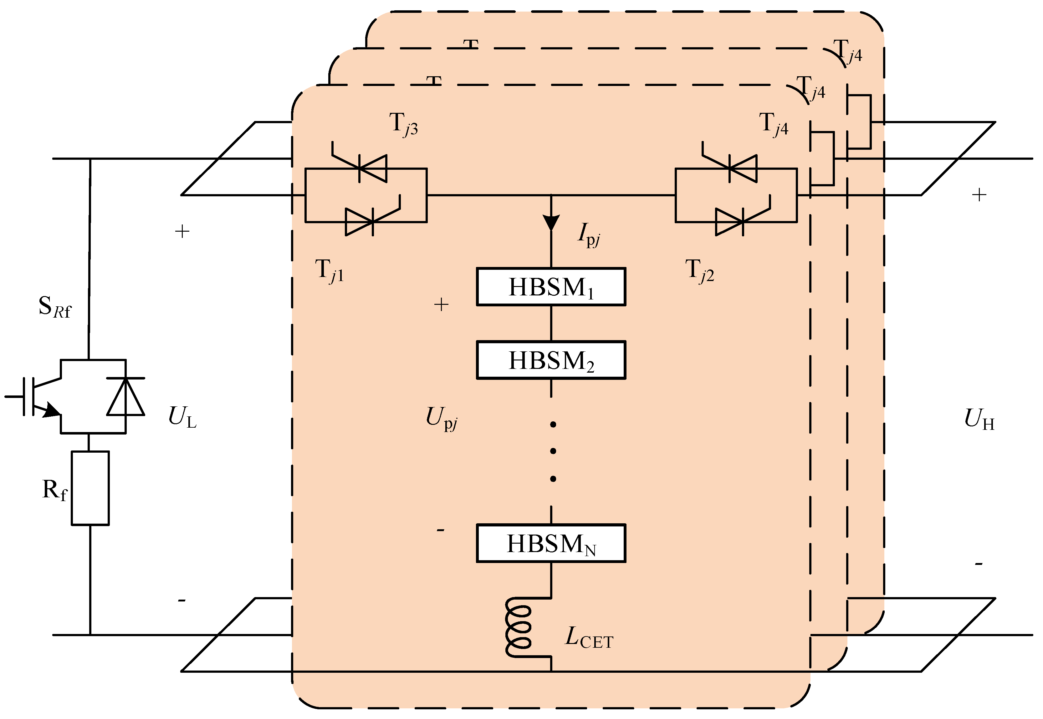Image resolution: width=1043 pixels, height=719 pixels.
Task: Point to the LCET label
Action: [588, 638]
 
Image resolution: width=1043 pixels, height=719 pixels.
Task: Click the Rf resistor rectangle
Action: [90, 488]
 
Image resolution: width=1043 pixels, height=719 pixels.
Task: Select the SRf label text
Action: [54, 307]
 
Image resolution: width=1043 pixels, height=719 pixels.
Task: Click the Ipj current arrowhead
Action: [551, 222]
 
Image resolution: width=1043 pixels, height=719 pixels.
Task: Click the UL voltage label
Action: [182, 417]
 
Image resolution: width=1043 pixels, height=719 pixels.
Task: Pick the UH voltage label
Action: [979, 419]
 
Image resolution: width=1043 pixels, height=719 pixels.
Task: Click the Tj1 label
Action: [330, 271]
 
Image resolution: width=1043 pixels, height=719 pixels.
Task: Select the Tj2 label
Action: [699, 271]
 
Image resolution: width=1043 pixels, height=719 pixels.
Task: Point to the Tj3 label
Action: [403, 124]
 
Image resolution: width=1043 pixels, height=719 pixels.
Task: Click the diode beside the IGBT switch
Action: [125, 396]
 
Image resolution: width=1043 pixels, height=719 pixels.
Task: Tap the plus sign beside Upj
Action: [441, 305]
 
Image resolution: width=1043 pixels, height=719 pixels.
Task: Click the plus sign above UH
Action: [979, 195]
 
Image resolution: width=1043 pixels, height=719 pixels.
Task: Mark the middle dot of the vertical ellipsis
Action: [553, 451]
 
